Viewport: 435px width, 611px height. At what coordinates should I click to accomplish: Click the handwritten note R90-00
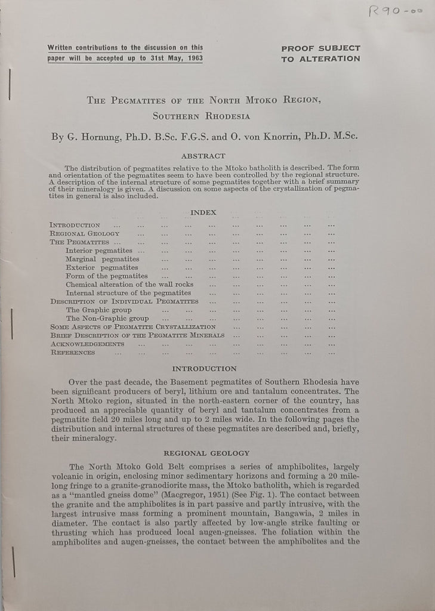tap(394, 13)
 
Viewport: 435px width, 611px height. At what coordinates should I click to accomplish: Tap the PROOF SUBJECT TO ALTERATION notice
tap(320, 53)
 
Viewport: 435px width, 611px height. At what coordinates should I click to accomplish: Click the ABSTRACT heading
tap(205, 156)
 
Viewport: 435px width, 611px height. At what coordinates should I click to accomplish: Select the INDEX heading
tap(203, 212)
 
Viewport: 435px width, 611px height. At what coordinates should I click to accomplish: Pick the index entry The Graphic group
tap(98, 310)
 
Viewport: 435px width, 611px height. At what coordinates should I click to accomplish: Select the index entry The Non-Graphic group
tap(107, 319)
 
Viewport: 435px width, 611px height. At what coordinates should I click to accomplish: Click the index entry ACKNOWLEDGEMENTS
tap(87, 344)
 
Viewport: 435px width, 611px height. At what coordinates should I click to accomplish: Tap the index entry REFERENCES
tap(72, 353)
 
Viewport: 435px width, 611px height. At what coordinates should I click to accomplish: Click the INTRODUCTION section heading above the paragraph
tap(204, 369)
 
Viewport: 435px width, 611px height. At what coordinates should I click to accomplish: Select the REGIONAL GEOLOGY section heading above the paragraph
tap(206, 453)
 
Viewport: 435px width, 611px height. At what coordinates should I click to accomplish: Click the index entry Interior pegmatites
tap(99, 251)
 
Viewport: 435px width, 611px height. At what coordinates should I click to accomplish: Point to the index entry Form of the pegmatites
tap(106, 276)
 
